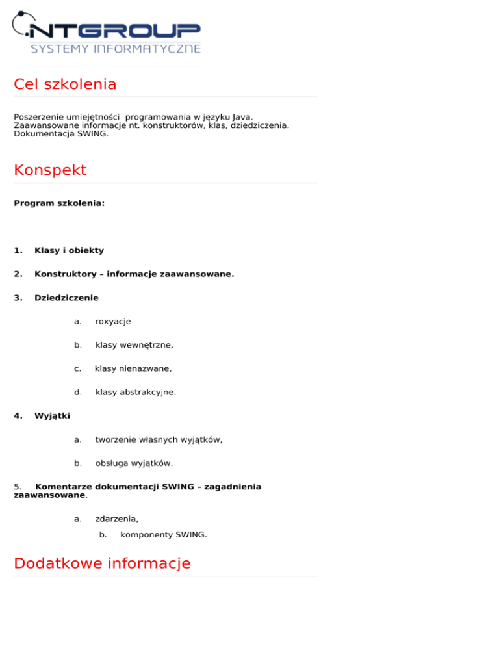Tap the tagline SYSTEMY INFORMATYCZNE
(x=116, y=49)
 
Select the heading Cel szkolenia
(x=65, y=84)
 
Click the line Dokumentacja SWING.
(x=61, y=134)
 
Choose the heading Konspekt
(x=50, y=170)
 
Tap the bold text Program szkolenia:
(x=59, y=203)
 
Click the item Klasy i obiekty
(x=69, y=250)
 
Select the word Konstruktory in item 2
(x=64, y=274)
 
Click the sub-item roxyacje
(x=113, y=322)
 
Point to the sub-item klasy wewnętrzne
(x=134, y=345)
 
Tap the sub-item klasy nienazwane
(x=133, y=368)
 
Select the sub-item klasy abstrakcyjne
(x=135, y=393)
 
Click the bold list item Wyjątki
(x=52, y=416)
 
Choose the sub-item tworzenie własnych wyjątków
(x=159, y=440)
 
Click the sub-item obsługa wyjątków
(x=134, y=463)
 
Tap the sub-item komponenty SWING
(x=164, y=535)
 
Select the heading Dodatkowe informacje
(x=102, y=563)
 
